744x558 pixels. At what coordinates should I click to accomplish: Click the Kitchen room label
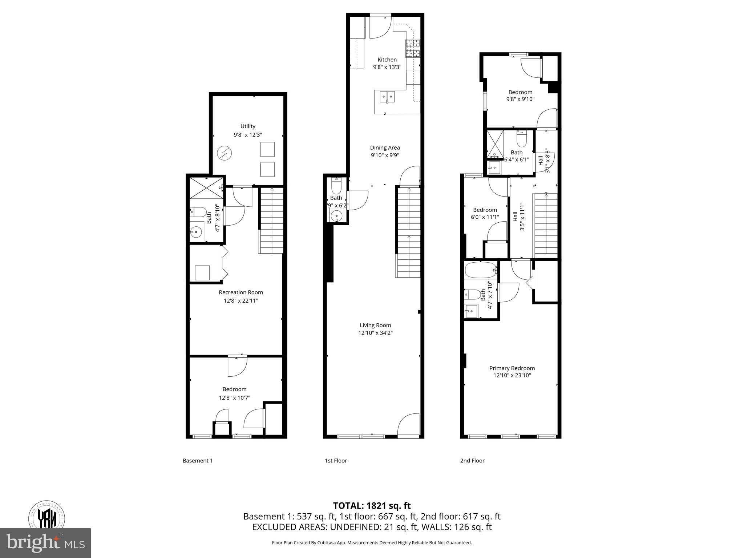387,60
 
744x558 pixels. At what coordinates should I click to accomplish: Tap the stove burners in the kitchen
412,48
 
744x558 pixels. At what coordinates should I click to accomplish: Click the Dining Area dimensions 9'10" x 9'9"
385,155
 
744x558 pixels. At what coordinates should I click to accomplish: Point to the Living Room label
375,325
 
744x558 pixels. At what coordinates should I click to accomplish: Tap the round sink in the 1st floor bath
337,217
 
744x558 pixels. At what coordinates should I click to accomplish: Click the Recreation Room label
240,292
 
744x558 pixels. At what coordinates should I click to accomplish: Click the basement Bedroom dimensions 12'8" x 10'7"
234,398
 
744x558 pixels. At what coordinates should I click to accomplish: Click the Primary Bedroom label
512,368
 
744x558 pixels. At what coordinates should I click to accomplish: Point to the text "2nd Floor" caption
472,461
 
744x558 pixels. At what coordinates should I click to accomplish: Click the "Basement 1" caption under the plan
198,461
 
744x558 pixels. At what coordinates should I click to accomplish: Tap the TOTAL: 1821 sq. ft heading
372,506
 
